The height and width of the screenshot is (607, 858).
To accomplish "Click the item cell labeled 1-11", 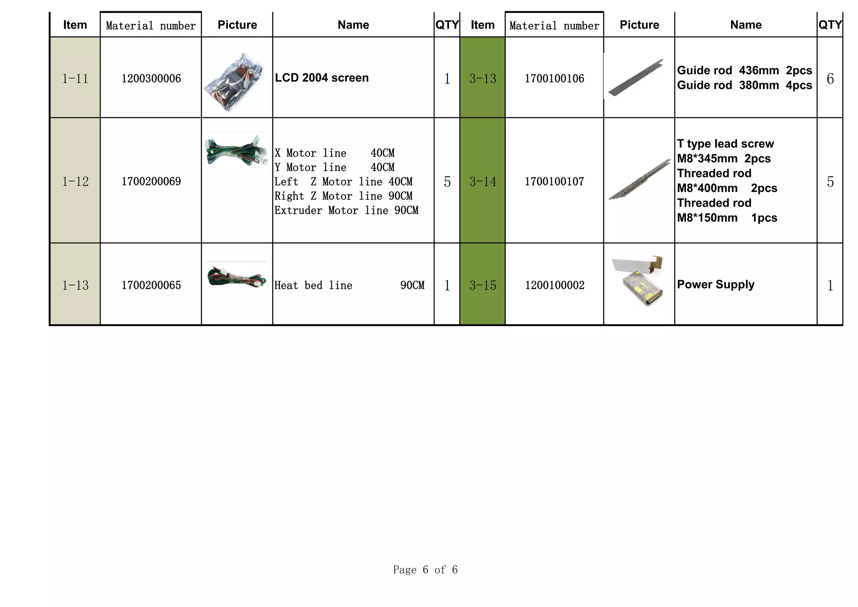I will (x=75, y=78).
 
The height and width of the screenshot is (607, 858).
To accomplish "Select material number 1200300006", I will (x=151, y=78).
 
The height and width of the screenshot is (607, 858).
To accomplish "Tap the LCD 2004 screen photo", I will (x=236, y=82).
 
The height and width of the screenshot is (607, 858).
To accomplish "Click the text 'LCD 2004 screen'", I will (x=321, y=78).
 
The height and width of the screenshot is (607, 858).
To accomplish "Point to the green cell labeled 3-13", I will (x=482, y=78).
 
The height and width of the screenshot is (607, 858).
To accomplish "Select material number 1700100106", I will (x=554, y=78).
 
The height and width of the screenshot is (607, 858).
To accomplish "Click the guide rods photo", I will (x=636, y=78).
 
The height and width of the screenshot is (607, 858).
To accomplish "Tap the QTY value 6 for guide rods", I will (x=830, y=78).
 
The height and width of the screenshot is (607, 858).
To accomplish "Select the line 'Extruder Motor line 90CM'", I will (x=346, y=210).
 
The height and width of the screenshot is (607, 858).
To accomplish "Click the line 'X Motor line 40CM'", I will (x=334, y=153).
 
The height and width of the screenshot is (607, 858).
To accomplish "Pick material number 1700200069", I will (x=151, y=182).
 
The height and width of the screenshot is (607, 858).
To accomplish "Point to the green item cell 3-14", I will (x=482, y=182).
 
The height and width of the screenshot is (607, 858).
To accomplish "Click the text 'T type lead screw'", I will (x=725, y=144).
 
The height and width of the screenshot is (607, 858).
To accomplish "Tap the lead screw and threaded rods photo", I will (x=639, y=179).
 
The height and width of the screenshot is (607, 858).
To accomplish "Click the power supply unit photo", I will (x=639, y=281).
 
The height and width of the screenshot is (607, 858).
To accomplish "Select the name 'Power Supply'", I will (x=715, y=284).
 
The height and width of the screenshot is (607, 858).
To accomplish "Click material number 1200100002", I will (x=554, y=285).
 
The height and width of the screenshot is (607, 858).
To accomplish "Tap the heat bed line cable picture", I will (x=236, y=276).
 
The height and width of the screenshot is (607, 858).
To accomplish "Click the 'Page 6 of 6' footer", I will (x=425, y=569).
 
